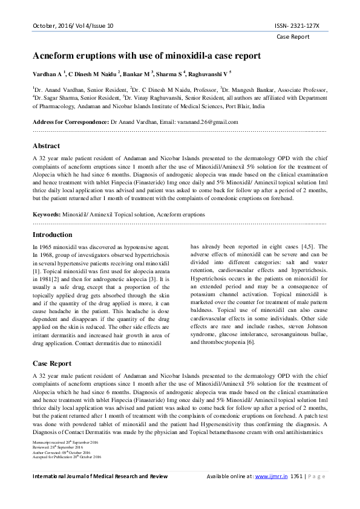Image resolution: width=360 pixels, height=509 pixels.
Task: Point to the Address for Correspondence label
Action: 70,122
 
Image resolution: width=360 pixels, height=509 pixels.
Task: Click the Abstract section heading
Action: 46,146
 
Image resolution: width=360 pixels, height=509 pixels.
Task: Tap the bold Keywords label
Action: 46,214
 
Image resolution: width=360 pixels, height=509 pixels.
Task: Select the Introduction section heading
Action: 52,234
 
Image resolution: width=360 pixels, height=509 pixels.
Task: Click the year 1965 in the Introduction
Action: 44,247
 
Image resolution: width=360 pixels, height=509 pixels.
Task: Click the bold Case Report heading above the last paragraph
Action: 51,363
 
